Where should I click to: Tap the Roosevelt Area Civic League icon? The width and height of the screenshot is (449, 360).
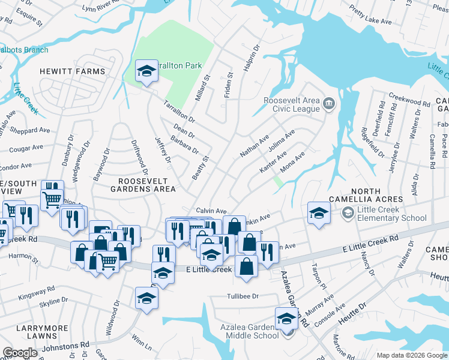[328, 104]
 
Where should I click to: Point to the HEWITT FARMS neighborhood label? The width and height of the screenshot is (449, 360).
[73, 71]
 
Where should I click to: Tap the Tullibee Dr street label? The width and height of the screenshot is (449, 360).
[243, 296]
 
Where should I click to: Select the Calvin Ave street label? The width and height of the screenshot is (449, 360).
[211, 211]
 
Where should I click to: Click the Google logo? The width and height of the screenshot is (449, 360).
[20, 353]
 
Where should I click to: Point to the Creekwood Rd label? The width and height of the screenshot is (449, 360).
[410, 100]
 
